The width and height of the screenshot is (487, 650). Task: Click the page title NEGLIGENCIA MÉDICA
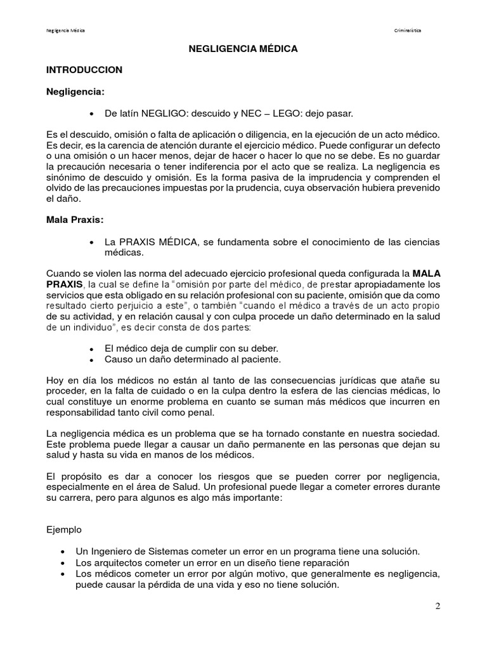coord(243,48)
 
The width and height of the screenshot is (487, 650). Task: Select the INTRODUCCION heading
coord(84,70)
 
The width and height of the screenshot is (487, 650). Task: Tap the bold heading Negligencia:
coord(75,91)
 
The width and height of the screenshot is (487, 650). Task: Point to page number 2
coord(438,606)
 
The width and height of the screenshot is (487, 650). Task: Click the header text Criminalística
coord(407,30)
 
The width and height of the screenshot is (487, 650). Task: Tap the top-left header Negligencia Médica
coord(67,30)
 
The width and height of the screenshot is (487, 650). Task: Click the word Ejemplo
coord(64,528)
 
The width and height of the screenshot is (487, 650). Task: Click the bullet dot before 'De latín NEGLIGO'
coord(93,114)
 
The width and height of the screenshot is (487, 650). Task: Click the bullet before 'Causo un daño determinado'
coord(93,360)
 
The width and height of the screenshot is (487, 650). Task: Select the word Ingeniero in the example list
coord(110,550)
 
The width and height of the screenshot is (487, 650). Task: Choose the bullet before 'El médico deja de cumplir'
coord(93,349)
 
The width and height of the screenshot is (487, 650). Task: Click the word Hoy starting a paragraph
coord(56,380)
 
